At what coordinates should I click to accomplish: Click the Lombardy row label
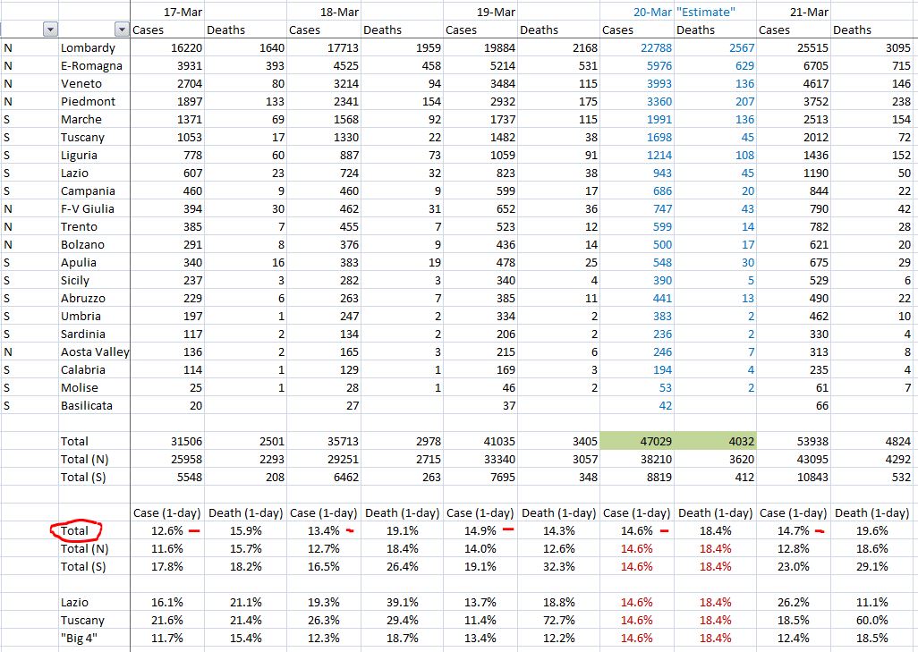88,48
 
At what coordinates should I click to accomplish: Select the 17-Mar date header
183,13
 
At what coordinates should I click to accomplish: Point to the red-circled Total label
75,530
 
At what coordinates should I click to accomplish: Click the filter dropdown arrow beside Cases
122,30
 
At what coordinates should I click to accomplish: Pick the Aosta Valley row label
95,351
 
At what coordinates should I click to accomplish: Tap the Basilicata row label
89,405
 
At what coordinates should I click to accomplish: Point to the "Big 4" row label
81,638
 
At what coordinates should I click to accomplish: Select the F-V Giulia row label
88,208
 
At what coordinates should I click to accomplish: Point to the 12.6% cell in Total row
169,530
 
